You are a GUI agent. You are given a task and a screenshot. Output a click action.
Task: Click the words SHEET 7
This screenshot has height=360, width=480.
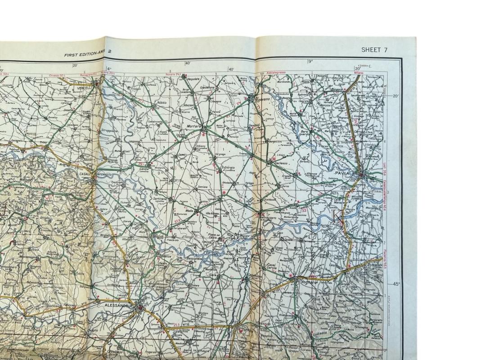374,50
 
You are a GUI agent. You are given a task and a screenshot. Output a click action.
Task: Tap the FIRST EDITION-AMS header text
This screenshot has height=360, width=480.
85,54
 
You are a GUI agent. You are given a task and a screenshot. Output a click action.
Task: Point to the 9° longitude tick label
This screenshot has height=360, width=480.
310,62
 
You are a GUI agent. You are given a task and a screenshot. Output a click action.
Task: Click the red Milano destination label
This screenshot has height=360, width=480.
358,72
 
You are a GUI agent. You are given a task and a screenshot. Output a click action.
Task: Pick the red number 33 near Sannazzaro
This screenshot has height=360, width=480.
304,210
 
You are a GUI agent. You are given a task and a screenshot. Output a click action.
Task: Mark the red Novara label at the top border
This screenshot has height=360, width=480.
173,72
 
